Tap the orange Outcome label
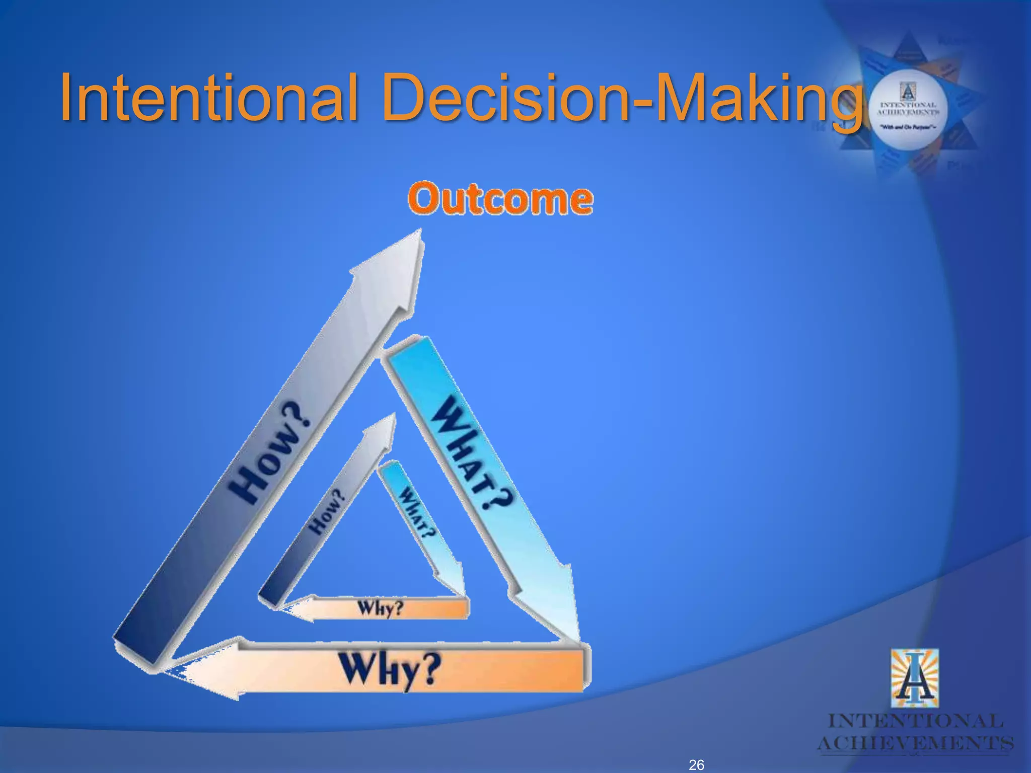(500, 200)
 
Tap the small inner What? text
(417, 514)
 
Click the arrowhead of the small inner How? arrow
(385, 428)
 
